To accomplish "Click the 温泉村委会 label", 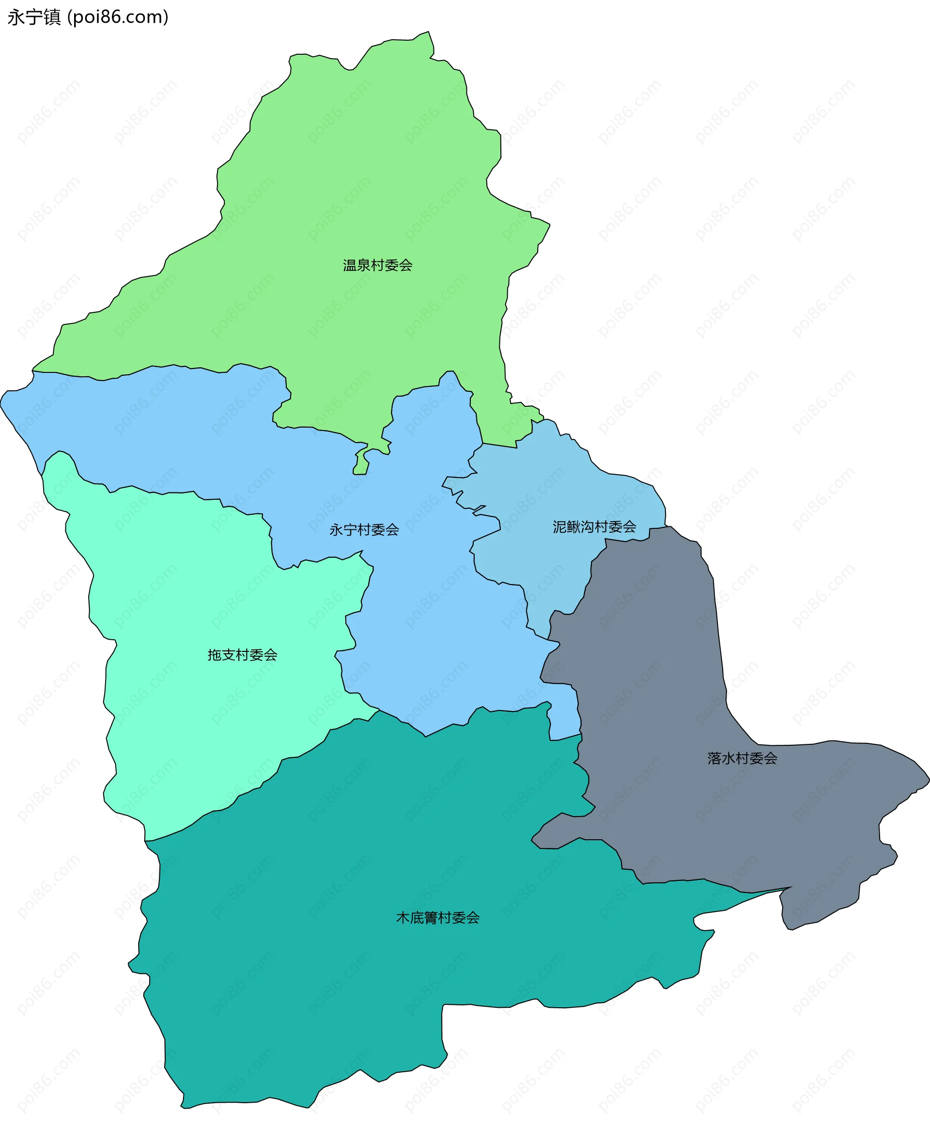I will click(378, 265).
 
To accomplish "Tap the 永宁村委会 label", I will click(364, 530).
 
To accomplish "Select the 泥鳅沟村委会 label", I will click(594, 527).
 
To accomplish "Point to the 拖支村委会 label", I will click(242, 655).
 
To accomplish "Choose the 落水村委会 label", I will click(742, 758).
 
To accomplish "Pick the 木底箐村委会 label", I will click(438, 918).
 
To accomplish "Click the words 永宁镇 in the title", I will click(34, 17).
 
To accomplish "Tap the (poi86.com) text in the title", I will click(118, 17).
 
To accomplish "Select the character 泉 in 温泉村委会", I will click(364, 265).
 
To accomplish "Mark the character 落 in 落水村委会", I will click(714, 758).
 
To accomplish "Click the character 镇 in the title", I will click(52, 17).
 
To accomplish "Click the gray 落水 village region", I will click(669, 669).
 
